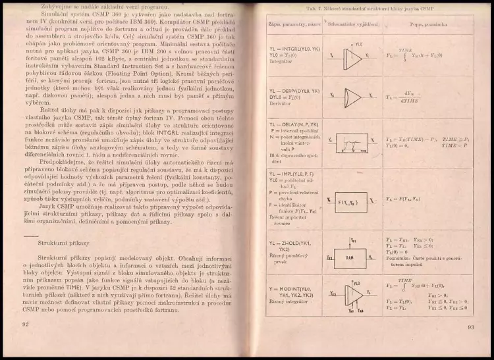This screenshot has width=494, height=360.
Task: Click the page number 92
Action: (x=26, y=324)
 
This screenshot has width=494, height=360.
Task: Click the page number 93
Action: (x=470, y=326)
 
